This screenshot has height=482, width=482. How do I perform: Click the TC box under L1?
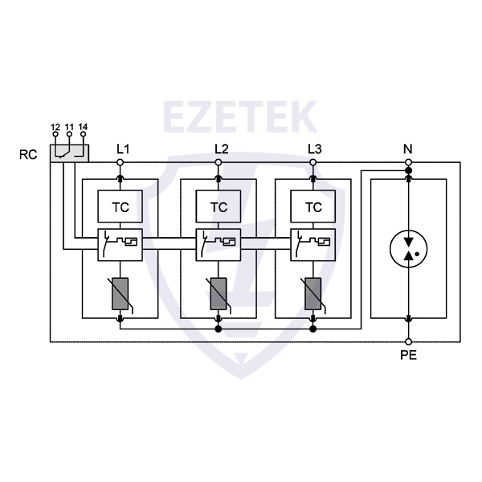click(x=120, y=206)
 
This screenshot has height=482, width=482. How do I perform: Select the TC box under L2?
click(x=218, y=206)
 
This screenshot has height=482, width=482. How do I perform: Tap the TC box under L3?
click(x=314, y=206)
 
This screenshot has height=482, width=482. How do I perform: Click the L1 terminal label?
click(x=122, y=149)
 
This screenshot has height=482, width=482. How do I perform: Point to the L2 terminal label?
click(x=222, y=149)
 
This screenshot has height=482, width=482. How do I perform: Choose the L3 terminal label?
click(x=315, y=149)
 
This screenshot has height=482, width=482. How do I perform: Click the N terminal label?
click(x=408, y=149)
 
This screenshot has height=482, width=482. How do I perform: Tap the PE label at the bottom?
click(x=408, y=353)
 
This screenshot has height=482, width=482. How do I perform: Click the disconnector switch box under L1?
click(x=120, y=243)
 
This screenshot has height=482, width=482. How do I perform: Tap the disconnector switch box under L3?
click(x=314, y=243)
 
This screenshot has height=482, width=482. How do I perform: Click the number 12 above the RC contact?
click(x=55, y=127)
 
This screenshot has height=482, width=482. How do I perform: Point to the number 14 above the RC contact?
click(x=83, y=127)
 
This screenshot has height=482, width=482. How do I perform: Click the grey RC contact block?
click(x=69, y=151)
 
